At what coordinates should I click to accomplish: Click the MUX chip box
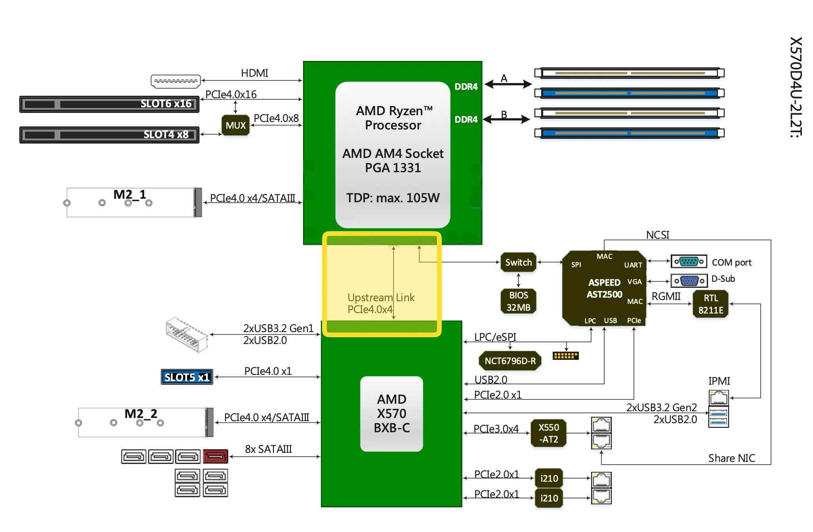click(x=235, y=125)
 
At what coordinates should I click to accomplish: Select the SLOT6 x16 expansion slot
click(x=109, y=104)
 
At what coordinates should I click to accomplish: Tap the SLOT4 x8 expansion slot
click(x=109, y=135)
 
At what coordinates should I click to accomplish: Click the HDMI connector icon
click(x=176, y=81)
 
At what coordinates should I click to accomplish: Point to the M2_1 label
click(x=130, y=194)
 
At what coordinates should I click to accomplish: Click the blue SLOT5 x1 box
click(x=187, y=377)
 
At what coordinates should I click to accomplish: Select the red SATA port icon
click(x=215, y=456)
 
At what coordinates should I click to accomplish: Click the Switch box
click(x=518, y=262)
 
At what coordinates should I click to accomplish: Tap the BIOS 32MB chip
click(x=518, y=301)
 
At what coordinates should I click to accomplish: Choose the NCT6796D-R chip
click(x=510, y=361)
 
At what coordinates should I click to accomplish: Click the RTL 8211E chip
click(x=710, y=304)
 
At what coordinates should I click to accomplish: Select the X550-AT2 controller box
click(x=548, y=433)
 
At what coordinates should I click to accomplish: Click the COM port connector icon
click(x=689, y=262)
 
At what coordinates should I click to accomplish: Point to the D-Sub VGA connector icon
click(x=689, y=281)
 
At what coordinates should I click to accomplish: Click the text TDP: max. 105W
click(x=393, y=198)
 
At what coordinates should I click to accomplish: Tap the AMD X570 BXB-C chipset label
click(x=391, y=413)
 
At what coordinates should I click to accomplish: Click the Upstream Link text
click(x=381, y=297)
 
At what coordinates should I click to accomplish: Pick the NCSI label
click(x=657, y=235)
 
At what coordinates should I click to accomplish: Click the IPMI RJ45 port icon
click(x=718, y=397)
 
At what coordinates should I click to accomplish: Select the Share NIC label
click(x=731, y=458)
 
